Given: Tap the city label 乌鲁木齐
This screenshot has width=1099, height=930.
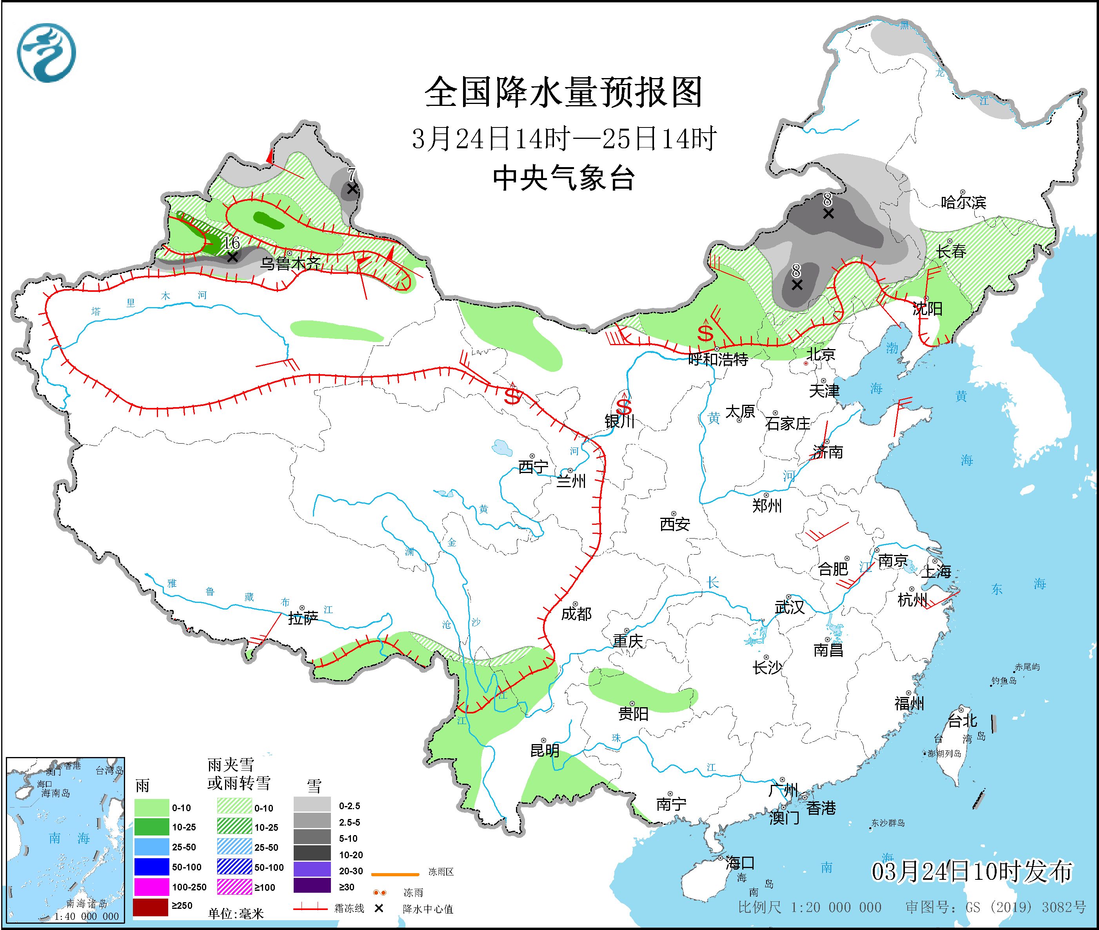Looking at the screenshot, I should point(291,263).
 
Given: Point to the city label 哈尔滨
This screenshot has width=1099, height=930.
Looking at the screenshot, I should point(963,202).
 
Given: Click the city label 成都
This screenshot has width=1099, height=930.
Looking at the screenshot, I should point(576,614).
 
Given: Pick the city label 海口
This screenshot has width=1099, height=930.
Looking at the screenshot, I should point(740,863).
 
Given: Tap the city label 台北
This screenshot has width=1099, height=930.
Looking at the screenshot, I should point(963,720).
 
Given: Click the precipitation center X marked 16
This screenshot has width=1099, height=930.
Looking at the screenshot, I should point(232,257).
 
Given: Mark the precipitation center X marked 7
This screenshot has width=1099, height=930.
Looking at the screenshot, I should point(352,189).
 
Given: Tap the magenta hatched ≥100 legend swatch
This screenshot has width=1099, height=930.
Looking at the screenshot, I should point(234,887).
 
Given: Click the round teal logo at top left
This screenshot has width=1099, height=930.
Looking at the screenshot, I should point(46,53).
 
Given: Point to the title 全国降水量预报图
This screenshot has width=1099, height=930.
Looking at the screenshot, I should point(563,92).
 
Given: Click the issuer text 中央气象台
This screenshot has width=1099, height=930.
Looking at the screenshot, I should point(563,178).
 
